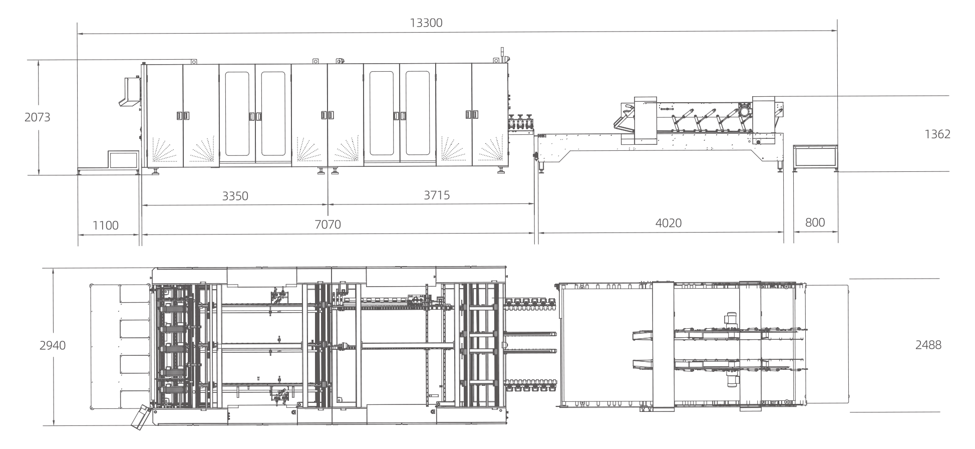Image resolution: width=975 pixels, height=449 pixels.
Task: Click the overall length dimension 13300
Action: tap(426, 23)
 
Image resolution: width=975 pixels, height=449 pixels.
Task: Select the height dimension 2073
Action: tap(38, 118)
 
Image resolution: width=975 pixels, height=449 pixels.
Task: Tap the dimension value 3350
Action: tap(235, 196)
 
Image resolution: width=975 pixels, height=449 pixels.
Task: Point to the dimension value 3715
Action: tap(437, 195)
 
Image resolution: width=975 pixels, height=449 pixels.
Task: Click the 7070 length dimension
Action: tap(328, 224)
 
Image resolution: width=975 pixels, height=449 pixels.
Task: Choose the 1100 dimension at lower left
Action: tap(106, 225)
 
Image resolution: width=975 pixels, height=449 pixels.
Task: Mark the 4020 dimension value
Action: tap(669, 223)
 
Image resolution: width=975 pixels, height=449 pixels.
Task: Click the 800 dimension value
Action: tap(815, 222)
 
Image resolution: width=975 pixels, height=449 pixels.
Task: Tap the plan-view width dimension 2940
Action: tap(53, 345)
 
